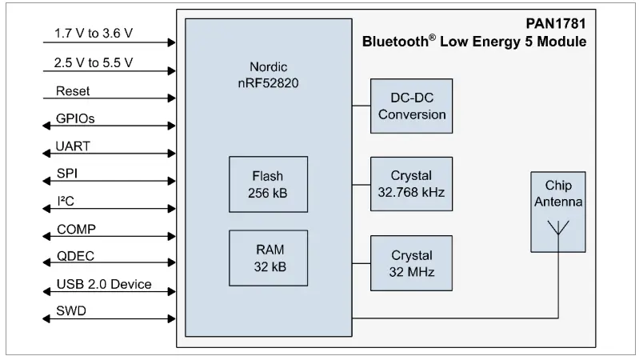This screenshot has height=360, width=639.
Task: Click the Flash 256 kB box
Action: [x=267, y=183]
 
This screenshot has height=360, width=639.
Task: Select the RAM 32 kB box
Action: [x=267, y=258]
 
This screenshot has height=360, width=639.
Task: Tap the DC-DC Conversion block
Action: [x=412, y=106]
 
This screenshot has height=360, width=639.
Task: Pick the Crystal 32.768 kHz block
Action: [x=412, y=183]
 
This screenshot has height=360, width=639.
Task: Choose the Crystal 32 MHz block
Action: [x=412, y=262]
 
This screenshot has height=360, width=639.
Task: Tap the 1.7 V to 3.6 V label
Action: [x=94, y=34]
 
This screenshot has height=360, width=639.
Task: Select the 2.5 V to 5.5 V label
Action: [x=94, y=62]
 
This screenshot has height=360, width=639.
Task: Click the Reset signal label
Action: [x=73, y=91]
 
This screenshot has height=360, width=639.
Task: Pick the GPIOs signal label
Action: [x=76, y=119]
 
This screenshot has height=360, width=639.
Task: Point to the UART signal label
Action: [x=73, y=146]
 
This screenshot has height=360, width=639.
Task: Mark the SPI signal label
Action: [x=67, y=174]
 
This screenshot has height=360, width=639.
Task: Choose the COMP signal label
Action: [x=76, y=230]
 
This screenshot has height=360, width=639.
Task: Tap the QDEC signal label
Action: [x=75, y=257]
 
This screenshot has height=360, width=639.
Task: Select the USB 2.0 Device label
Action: [x=103, y=285]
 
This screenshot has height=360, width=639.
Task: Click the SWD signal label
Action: [x=70, y=312]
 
